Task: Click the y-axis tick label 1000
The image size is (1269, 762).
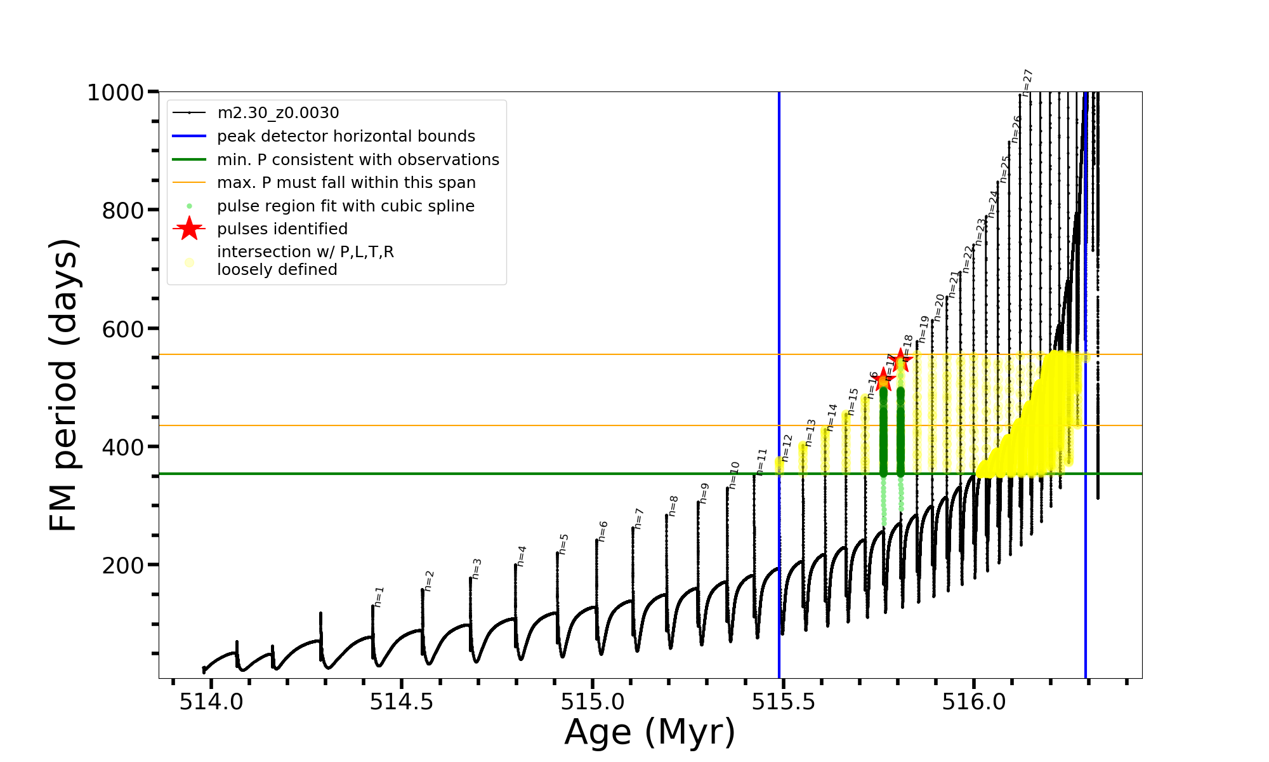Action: (x=115, y=93)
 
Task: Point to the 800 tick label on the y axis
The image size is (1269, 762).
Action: (x=123, y=210)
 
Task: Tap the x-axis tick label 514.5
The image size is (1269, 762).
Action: (x=402, y=702)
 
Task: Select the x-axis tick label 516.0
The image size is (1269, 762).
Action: (x=974, y=702)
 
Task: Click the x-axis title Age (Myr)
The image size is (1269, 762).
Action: (x=650, y=732)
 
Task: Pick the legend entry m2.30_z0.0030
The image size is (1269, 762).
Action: (x=278, y=113)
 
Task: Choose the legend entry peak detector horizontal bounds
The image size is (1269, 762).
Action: (x=346, y=137)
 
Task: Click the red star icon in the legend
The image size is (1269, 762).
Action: (x=189, y=229)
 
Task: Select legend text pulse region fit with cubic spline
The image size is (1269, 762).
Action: (x=346, y=206)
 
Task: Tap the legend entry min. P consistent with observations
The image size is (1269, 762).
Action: (x=358, y=160)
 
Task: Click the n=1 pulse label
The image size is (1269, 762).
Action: (x=379, y=596)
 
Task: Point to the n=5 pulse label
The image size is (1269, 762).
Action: (x=563, y=544)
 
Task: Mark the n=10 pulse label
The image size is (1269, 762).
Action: (x=734, y=475)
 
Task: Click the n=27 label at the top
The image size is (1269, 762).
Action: (x=1027, y=83)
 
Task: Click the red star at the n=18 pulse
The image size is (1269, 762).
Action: (x=900, y=361)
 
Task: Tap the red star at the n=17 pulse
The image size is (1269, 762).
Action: (x=883, y=380)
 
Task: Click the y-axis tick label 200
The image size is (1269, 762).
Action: (x=123, y=565)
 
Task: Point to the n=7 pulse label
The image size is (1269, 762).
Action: (x=639, y=518)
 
